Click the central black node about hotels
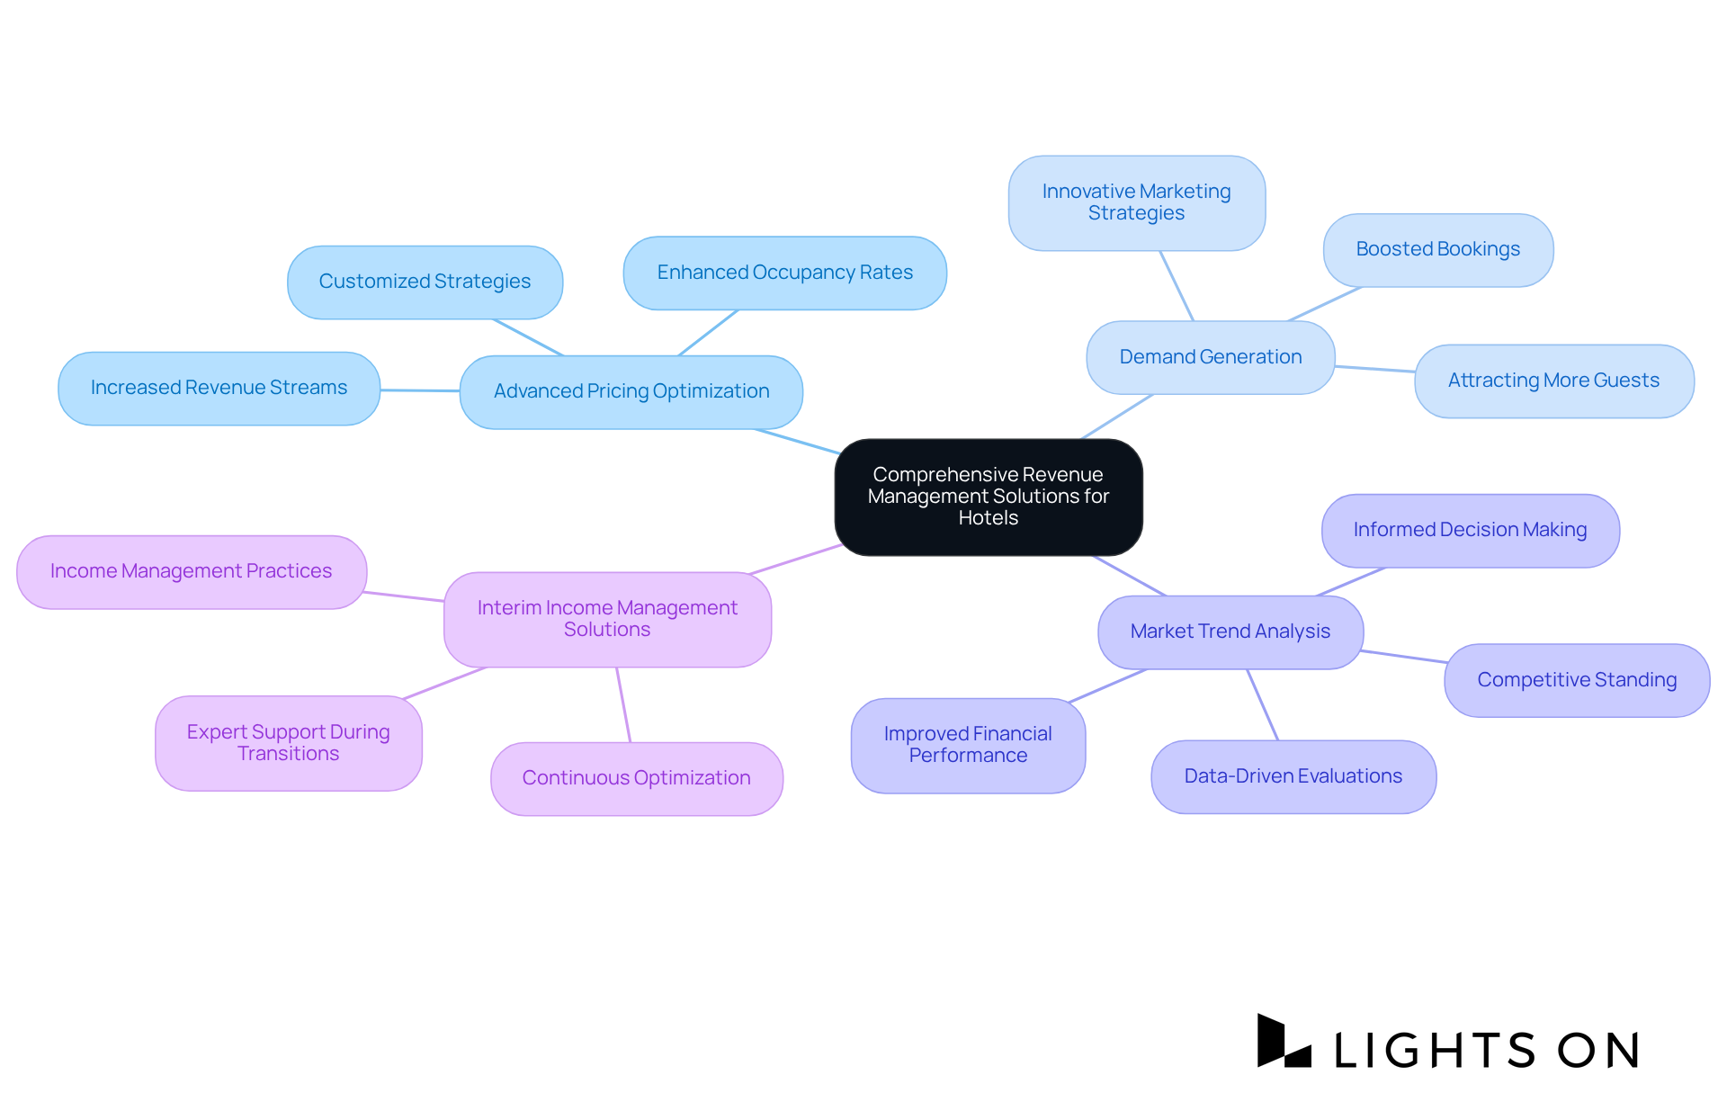(x=988, y=497)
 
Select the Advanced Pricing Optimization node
(x=631, y=391)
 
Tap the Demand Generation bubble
(x=1210, y=357)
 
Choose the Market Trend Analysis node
(x=1230, y=632)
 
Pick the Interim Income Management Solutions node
(x=607, y=619)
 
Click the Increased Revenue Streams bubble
(x=219, y=388)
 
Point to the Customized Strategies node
(x=425, y=282)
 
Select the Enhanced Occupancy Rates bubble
(x=784, y=273)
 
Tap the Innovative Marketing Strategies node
(x=1136, y=202)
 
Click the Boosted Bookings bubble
(x=1437, y=249)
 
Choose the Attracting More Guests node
(x=1553, y=381)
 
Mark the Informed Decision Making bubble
(x=1470, y=530)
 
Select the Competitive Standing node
(x=1576, y=680)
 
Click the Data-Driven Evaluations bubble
(x=1293, y=776)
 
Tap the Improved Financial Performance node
(x=968, y=745)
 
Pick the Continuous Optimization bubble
(x=636, y=778)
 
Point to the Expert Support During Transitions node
(x=288, y=743)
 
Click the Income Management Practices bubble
(x=191, y=571)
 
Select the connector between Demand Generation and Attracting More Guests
(x=1374, y=369)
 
